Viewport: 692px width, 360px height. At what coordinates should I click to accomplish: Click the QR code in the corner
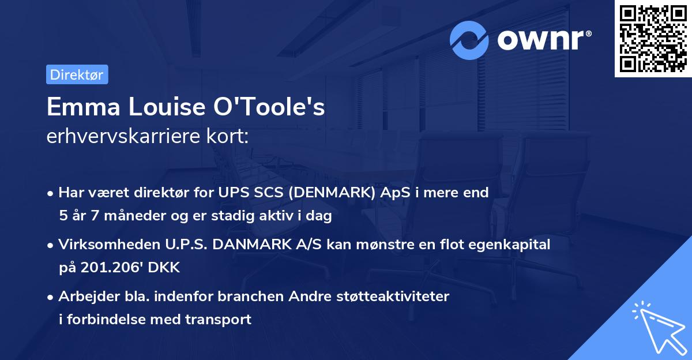(x=652, y=39)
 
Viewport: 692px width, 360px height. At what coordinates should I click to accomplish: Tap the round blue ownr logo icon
(x=469, y=40)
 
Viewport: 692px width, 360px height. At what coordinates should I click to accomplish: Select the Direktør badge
(x=77, y=75)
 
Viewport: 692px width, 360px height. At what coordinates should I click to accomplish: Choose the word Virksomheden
(x=103, y=245)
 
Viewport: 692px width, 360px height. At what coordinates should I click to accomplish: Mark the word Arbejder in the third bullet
(x=85, y=297)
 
